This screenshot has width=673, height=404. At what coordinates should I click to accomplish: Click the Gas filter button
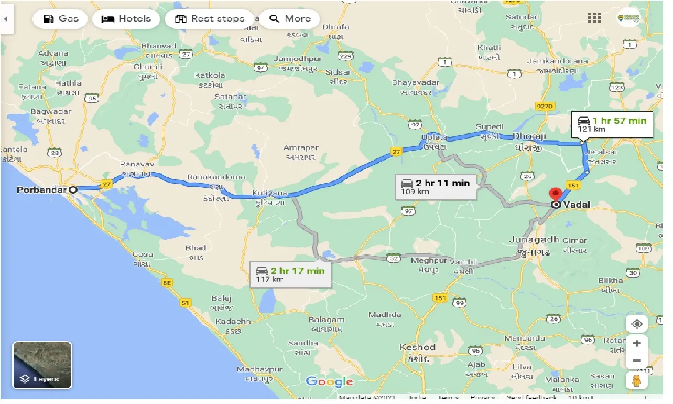(61, 19)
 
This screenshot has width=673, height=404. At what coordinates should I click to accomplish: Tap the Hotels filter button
(126, 19)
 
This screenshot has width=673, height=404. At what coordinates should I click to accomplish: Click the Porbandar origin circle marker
(73, 190)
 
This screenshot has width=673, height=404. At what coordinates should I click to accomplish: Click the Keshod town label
(418, 347)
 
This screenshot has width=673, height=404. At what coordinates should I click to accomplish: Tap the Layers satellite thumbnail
(42, 365)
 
